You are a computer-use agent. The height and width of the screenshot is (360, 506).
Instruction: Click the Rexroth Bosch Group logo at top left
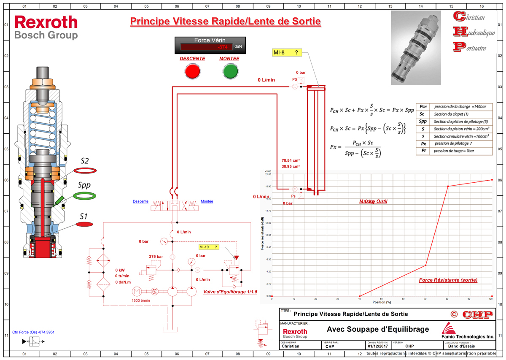pos(46,27)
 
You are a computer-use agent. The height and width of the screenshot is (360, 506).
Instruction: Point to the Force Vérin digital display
pos(210,47)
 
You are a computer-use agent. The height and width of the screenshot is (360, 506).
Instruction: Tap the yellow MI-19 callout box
pos(210,247)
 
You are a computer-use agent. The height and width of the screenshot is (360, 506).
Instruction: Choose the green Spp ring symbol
pos(84,196)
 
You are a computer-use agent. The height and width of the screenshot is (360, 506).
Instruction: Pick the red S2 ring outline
pos(85,170)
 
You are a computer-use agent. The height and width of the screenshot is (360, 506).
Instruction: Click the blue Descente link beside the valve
pos(140,201)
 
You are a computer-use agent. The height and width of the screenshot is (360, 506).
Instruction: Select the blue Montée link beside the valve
pos(207,201)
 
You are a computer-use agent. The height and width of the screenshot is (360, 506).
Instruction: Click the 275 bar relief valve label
pos(156,256)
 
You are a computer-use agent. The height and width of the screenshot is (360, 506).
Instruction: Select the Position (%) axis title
pos(382,302)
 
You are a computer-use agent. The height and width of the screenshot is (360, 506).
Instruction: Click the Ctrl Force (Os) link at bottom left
pos(34,332)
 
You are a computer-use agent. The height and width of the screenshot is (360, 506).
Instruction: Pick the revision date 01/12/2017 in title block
pos(377,346)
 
